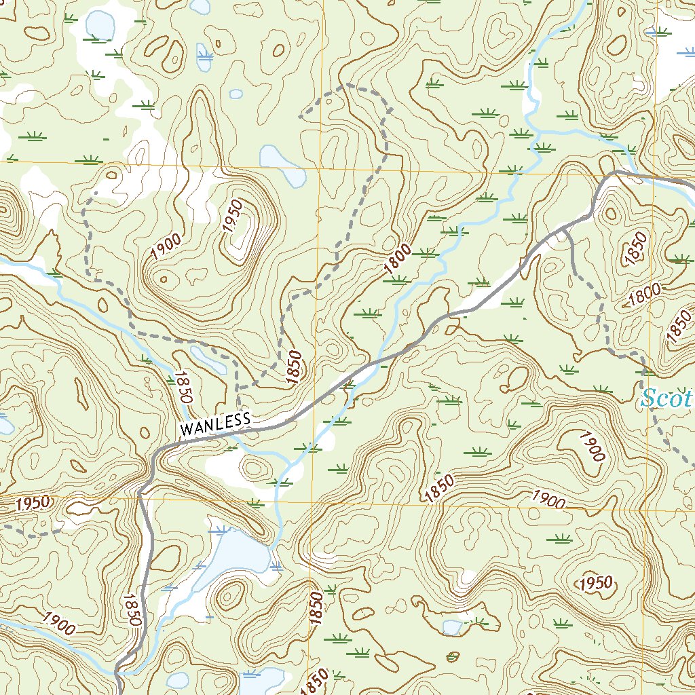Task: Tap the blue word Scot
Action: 666,398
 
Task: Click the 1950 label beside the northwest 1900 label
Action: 233,216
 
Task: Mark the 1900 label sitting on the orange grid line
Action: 548,500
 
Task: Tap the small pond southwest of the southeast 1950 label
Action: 451,626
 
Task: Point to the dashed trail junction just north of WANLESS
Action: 238,387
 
